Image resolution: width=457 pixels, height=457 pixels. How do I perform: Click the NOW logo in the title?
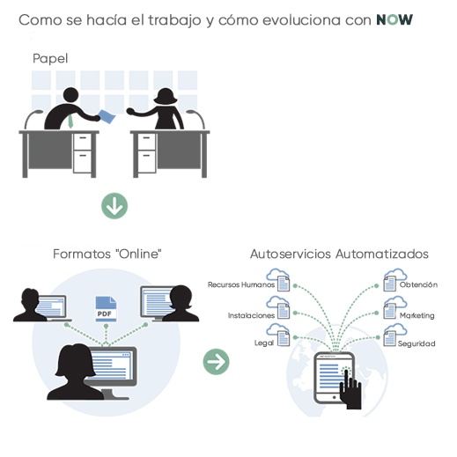pos(394,19)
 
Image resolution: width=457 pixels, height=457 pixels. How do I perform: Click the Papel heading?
pos(50,58)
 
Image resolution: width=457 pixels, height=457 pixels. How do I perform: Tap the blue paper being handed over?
pos(107,116)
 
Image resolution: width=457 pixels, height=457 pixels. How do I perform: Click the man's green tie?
pos(70,121)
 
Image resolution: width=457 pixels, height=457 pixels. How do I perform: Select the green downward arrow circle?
pos(114,206)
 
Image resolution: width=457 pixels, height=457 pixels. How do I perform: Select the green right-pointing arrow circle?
pos(217,362)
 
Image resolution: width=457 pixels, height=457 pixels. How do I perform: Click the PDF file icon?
pos(106,309)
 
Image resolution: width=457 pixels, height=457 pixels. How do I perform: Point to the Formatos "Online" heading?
pos(107,254)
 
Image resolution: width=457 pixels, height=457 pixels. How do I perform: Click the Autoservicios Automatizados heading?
pos(339,254)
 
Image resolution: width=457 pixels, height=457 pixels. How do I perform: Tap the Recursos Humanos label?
pos(241,284)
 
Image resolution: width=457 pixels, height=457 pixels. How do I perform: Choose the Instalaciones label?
pos(251,315)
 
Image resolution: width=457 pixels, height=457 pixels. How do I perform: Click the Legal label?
pos(264,343)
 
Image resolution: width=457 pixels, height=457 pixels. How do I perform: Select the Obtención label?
pos(418,284)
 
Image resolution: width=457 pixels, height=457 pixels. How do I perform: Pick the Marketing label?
pos(417,316)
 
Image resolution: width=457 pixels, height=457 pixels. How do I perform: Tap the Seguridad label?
pos(416,343)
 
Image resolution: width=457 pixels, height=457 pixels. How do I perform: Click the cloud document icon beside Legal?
pos(278,335)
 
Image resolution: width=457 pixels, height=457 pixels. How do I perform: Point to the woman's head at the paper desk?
pos(166,96)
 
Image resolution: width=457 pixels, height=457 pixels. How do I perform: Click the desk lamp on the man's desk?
pos(33,119)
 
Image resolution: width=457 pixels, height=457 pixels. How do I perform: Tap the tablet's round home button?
pos(334,397)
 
